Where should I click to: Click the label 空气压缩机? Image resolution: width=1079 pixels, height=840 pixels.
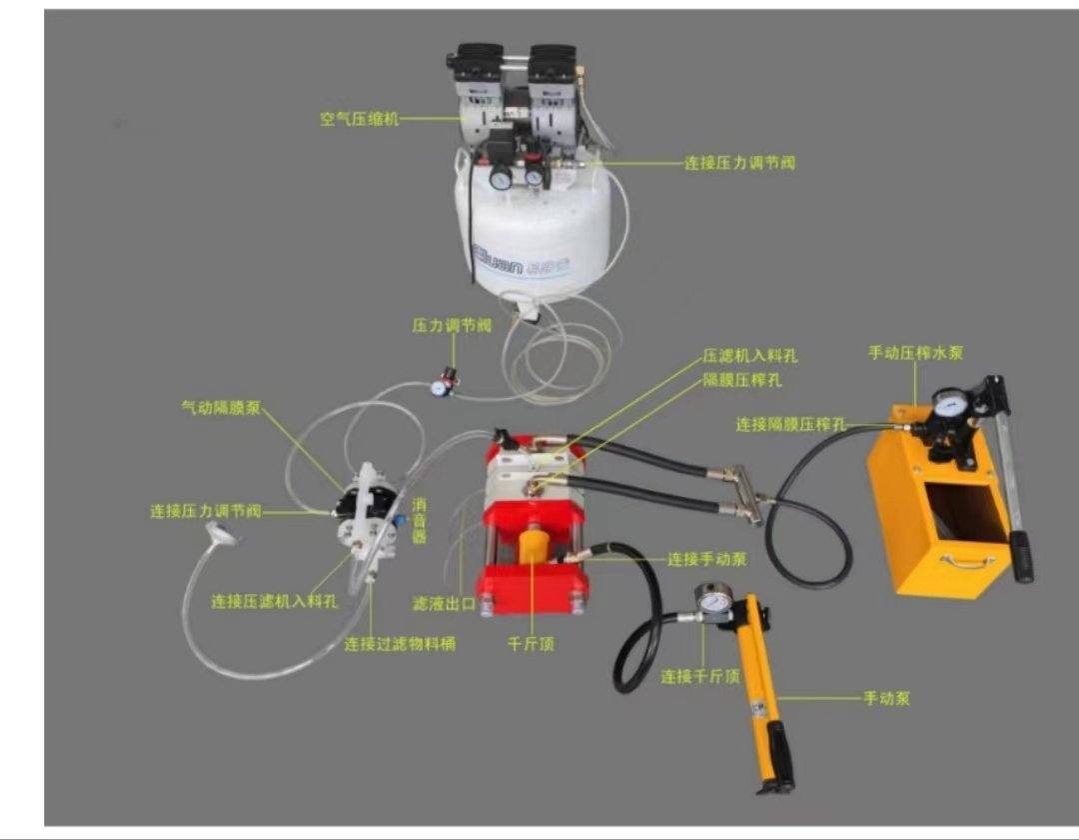click(x=360, y=119)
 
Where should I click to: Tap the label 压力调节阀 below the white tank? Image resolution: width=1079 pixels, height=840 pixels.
click(x=452, y=325)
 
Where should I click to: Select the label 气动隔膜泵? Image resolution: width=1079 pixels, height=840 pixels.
click(x=221, y=408)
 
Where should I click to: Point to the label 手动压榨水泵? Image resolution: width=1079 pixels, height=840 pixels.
click(x=916, y=353)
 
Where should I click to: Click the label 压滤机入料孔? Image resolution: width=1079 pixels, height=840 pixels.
click(x=750, y=356)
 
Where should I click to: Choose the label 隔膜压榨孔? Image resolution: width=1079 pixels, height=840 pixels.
click(x=742, y=380)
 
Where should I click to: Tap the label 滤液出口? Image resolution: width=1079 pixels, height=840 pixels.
click(x=444, y=604)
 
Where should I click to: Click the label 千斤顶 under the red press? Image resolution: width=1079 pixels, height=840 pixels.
click(x=531, y=644)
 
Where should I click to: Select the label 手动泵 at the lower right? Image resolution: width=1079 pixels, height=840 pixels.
click(x=887, y=698)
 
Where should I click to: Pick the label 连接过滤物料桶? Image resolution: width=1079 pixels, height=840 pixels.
click(x=400, y=644)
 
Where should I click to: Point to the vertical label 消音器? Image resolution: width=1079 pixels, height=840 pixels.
click(x=419, y=521)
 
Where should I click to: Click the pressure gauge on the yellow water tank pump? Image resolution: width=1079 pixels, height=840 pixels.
click(x=949, y=404)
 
